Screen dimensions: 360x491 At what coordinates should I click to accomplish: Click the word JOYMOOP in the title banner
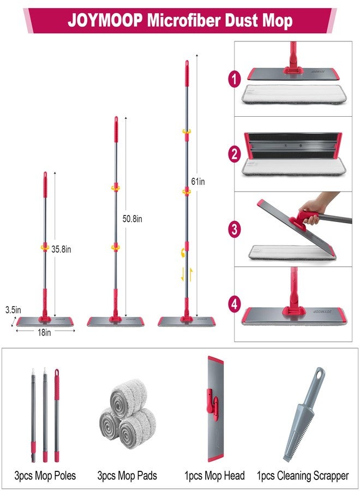[x=105, y=21]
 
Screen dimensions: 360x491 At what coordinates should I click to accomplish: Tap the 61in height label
[x=198, y=181]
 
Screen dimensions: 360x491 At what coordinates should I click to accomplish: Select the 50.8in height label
[x=132, y=219]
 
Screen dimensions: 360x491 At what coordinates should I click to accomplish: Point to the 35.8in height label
[x=61, y=249]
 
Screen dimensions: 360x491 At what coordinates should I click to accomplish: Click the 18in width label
[x=44, y=333]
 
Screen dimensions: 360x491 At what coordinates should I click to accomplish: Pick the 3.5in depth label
[x=13, y=310]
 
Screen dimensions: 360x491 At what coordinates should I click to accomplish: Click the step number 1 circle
[x=234, y=79]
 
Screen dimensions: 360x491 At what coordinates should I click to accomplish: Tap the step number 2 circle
[x=234, y=154]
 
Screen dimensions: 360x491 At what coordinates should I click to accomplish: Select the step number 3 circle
[x=234, y=229]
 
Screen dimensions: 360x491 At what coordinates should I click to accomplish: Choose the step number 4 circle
[x=234, y=304]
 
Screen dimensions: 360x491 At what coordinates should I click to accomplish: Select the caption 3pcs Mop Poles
[x=45, y=475]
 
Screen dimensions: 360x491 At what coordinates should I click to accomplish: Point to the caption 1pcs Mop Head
[x=214, y=475]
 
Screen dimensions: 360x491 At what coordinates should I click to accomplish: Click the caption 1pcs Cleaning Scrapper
[x=303, y=476]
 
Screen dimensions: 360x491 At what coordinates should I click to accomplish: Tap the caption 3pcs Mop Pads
[x=127, y=475]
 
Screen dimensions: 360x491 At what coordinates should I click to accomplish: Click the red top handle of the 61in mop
[x=187, y=73]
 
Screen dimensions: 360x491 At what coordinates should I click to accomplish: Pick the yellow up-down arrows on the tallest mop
[x=187, y=274]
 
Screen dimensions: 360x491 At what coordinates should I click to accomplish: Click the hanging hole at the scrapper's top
[x=319, y=374]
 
